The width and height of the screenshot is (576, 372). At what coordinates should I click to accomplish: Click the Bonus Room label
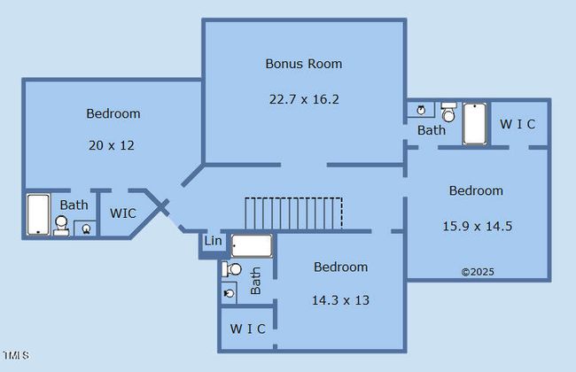(x=304, y=64)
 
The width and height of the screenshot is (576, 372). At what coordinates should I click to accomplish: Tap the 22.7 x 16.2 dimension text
(x=304, y=99)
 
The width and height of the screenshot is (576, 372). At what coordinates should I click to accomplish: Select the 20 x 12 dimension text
(x=113, y=145)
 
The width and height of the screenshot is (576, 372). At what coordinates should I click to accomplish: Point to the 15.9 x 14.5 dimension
(x=477, y=226)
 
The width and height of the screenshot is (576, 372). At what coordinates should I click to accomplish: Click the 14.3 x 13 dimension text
(x=340, y=300)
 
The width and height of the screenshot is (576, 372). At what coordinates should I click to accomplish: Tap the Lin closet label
(x=213, y=241)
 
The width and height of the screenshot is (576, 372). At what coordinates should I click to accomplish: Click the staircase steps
(x=293, y=213)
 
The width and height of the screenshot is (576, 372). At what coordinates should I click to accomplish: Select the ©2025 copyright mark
(x=477, y=272)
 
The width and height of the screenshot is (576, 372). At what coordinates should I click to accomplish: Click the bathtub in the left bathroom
(x=38, y=214)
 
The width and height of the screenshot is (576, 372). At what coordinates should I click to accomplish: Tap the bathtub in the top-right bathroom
(x=475, y=124)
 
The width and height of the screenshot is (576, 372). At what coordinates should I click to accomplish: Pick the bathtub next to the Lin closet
(x=253, y=245)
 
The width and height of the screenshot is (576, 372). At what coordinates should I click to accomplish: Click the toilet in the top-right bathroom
(x=448, y=112)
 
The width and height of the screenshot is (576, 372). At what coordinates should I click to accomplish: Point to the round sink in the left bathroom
(x=87, y=228)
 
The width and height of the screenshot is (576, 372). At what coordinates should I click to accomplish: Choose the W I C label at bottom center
(x=247, y=329)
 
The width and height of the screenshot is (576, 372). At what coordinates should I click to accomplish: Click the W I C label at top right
(x=518, y=124)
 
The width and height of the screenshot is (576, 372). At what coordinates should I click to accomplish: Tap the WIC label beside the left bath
(x=123, y=213)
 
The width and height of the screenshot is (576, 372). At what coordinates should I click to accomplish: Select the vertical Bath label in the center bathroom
(x=255, y=280)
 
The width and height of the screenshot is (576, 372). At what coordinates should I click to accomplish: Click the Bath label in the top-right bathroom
(x=432, y=130)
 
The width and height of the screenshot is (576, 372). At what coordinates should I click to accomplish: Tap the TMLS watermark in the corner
(x=15, y=356)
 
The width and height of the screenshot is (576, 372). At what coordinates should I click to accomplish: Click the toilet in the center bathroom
(x=233, y=269)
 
